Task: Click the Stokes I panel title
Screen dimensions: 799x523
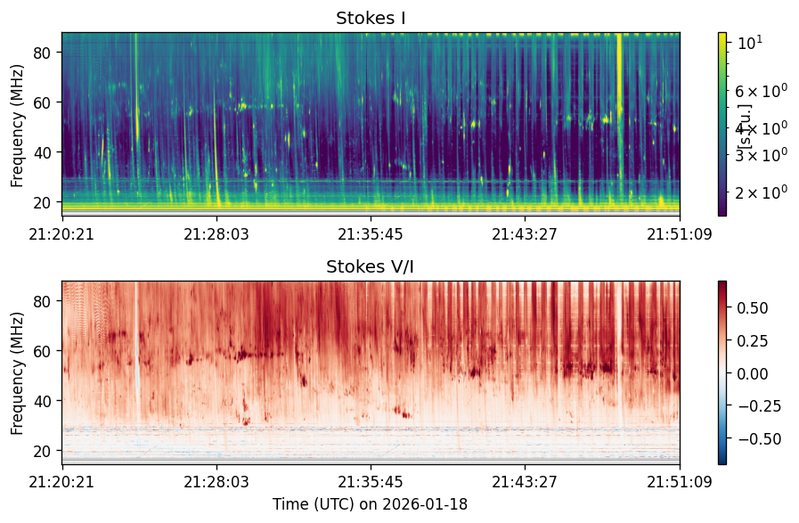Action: coord(371,19)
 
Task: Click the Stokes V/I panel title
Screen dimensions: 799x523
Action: coord(370,266)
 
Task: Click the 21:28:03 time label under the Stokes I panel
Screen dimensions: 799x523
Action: coord(216,234)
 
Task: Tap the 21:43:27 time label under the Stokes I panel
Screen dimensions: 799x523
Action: coord(525,234)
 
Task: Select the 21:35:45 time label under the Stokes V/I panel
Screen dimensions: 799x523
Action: coord(371,482)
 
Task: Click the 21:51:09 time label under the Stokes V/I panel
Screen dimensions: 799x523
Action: coord(680,482)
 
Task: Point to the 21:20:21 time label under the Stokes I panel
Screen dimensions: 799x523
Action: coord(61,234)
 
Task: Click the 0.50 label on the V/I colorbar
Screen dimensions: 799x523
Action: coord(752,308)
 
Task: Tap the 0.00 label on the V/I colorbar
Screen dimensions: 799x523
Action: coord(752,373)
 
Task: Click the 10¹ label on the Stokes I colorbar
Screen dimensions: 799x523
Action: coord(750,43)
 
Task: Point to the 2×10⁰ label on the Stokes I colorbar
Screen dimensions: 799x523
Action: coord(761,192)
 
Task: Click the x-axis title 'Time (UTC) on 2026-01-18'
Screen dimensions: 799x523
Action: coord(370,504)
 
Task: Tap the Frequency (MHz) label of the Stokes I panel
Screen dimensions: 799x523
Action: coord(17,126)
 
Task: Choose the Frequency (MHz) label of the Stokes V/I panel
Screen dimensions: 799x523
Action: coord(17,373)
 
